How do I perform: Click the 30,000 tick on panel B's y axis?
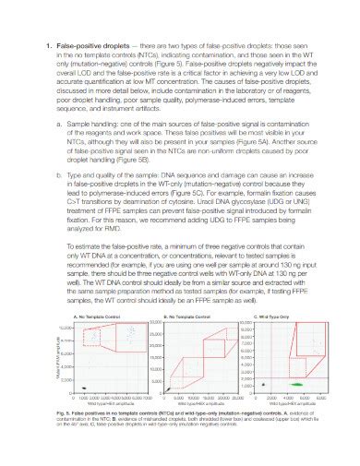tap(155, 325)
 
